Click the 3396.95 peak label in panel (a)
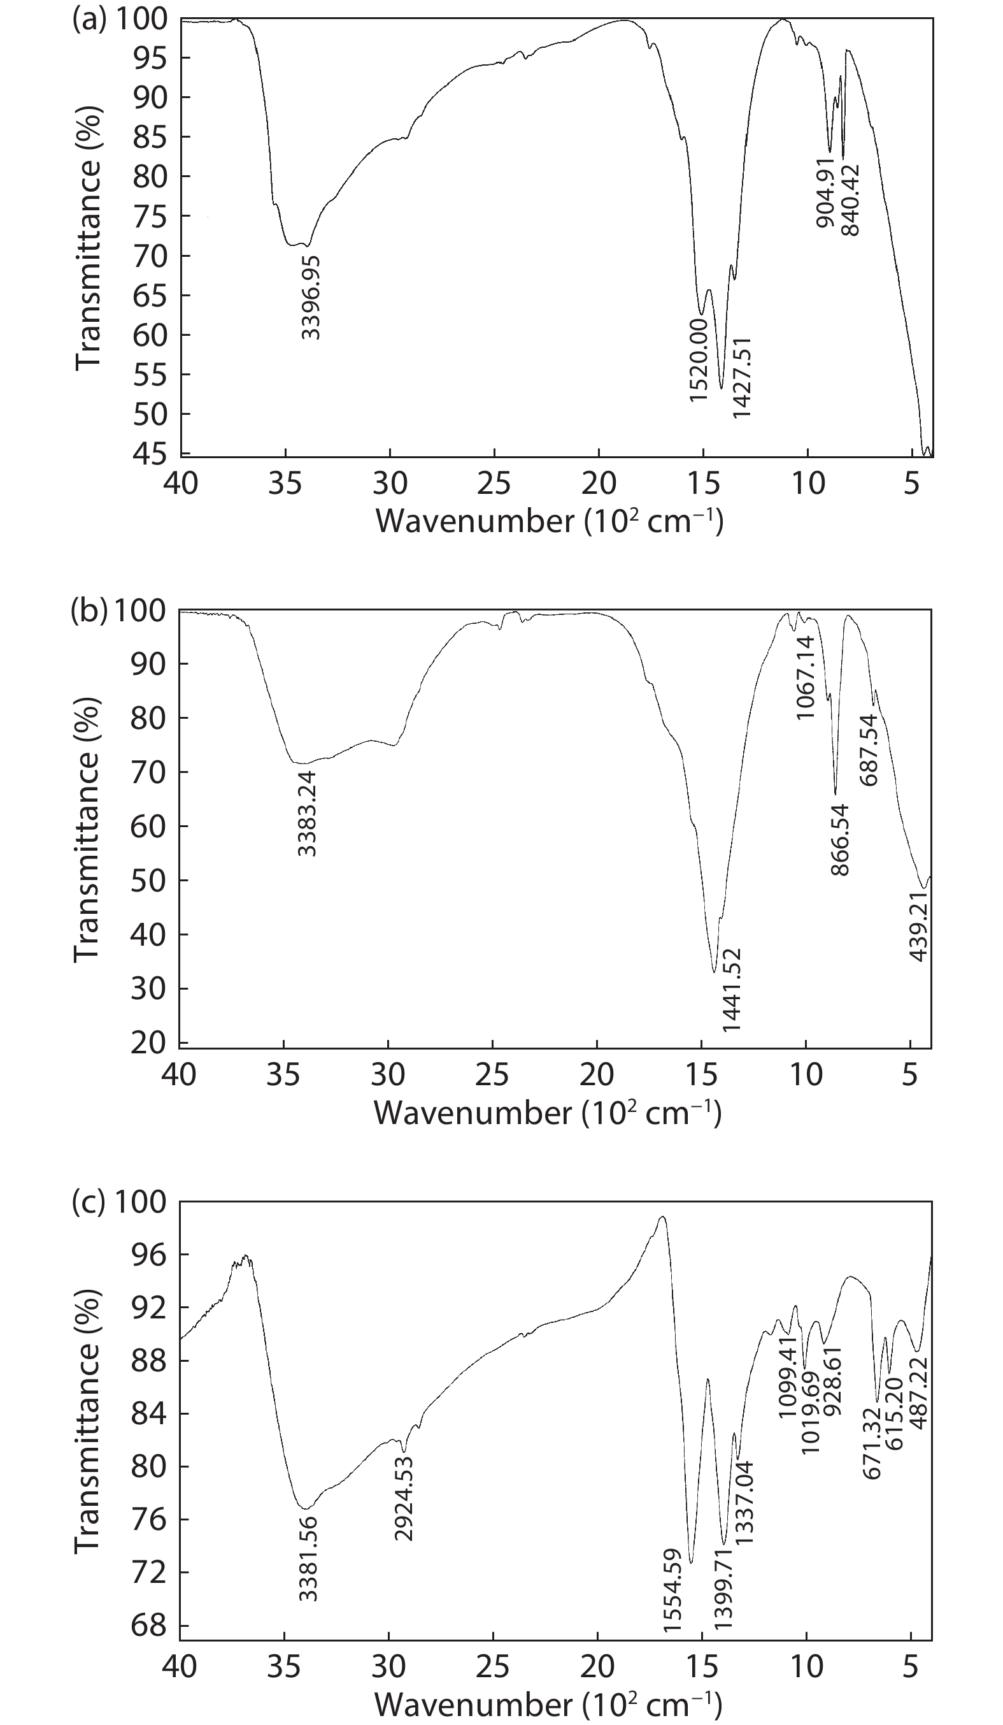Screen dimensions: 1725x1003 (311, 298)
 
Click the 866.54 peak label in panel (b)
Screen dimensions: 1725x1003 (840, 839)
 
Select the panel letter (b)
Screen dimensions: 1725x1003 (89, 610)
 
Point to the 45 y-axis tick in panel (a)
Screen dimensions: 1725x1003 (149, 453)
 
